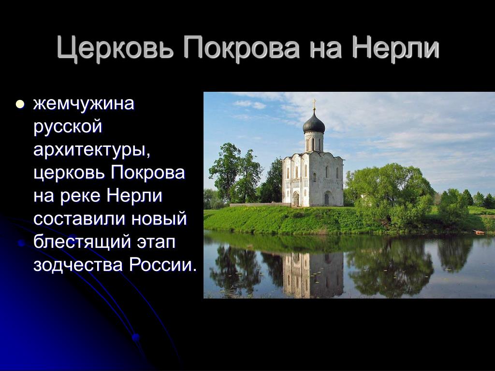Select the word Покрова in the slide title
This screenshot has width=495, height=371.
click(241, 48)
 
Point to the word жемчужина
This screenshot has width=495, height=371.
click(84, 103)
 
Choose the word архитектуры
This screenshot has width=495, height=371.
click(91, 150)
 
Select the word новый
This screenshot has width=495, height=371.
click(159, 219)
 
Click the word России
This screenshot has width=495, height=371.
click(162, 265)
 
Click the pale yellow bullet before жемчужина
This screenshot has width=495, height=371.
click(20, 104)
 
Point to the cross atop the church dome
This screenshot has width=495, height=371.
click(314, 103)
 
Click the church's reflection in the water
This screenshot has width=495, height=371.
click(313, 275)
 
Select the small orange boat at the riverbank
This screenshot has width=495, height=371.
click(479, 232)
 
